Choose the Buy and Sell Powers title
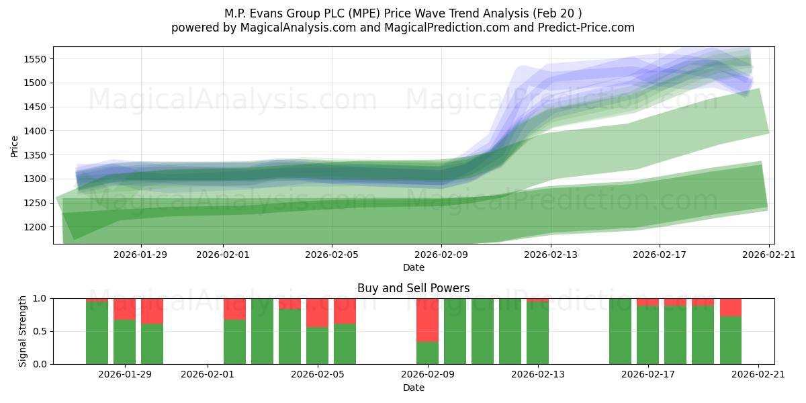click(x=414, y=288)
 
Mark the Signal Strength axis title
click(x=23, y=330)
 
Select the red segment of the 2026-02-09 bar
click(x=427, y=320)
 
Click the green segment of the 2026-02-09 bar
click(x=427, y=353)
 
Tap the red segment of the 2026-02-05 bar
click(x=317, y=312)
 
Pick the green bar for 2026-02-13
click(x=537, y=333)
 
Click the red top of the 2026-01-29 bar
click(x=124, y=308)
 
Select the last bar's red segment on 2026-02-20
click(x=731, y=307)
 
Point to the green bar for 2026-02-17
click(x=647, y=335)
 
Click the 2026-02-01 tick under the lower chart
click(x=208, y=374)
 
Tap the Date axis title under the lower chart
click(x=414, y=388)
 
